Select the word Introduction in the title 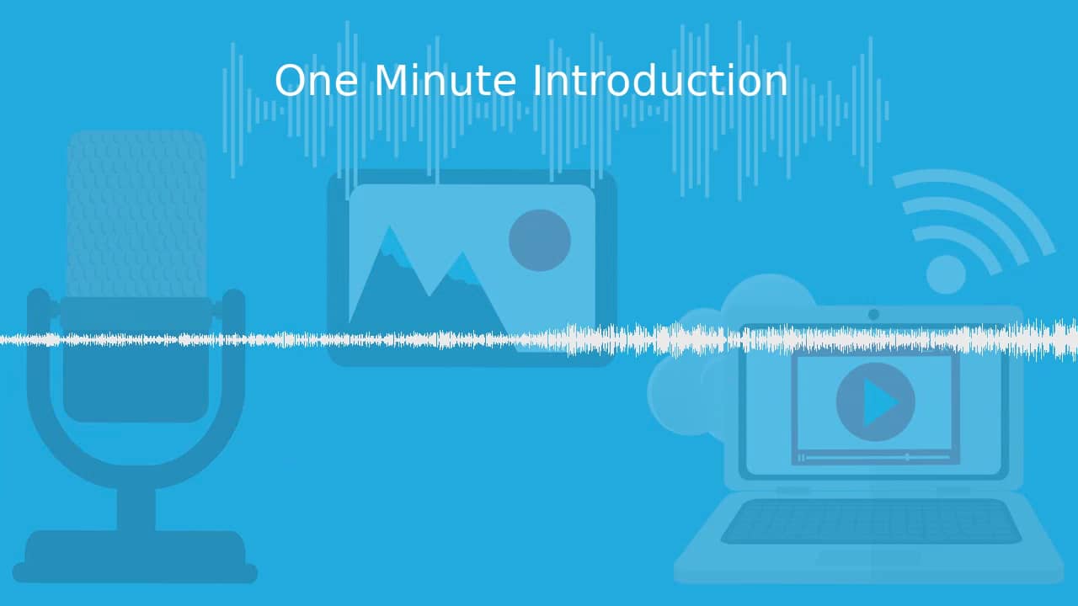click(660, 82)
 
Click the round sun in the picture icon click(540, 240)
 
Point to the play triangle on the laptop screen click(879, 402)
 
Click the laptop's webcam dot click(873, 314)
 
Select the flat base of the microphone click(135, 557)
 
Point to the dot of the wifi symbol click(946, 274)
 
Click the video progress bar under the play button click(876, 457)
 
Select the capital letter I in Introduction click(537, 82)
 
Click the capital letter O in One click(290, 82)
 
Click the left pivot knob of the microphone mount click(39, 301)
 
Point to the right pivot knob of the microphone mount click(233, 301)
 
